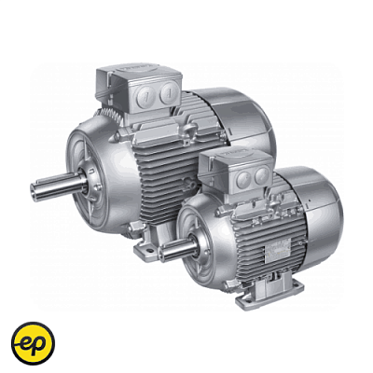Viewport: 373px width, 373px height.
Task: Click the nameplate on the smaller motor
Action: pos(277,250)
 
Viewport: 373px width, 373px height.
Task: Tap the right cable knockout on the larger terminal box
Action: pos(166,92)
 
